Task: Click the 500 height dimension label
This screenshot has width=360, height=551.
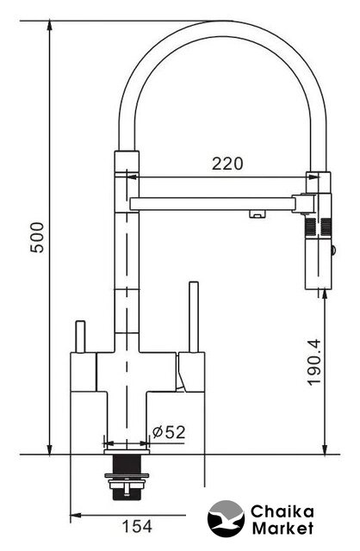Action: (38, 238)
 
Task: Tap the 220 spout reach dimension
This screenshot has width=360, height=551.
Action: (227, 164)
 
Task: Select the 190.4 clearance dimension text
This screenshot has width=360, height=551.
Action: (314, 362)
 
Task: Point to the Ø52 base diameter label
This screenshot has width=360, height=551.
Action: (169, 432)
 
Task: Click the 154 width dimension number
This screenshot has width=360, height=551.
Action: (137, 526)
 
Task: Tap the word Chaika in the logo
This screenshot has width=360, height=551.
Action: (282, 511)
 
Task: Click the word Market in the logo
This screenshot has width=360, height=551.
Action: (282, 528)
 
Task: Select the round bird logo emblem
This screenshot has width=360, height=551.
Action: (226, 518)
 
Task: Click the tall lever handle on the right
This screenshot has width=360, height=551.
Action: (194, 317)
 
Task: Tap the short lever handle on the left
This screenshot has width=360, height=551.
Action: (80, 337)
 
